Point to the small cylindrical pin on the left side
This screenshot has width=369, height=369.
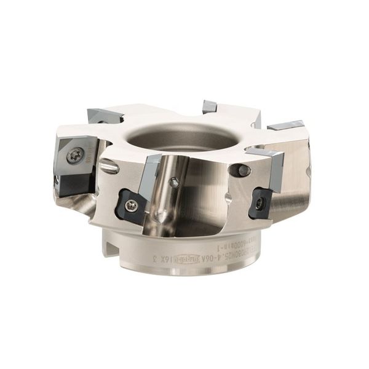(x=109, y=165)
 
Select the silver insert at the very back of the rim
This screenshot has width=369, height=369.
(x=209, y=107)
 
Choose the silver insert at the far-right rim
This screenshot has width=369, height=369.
(x=288, y=125)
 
